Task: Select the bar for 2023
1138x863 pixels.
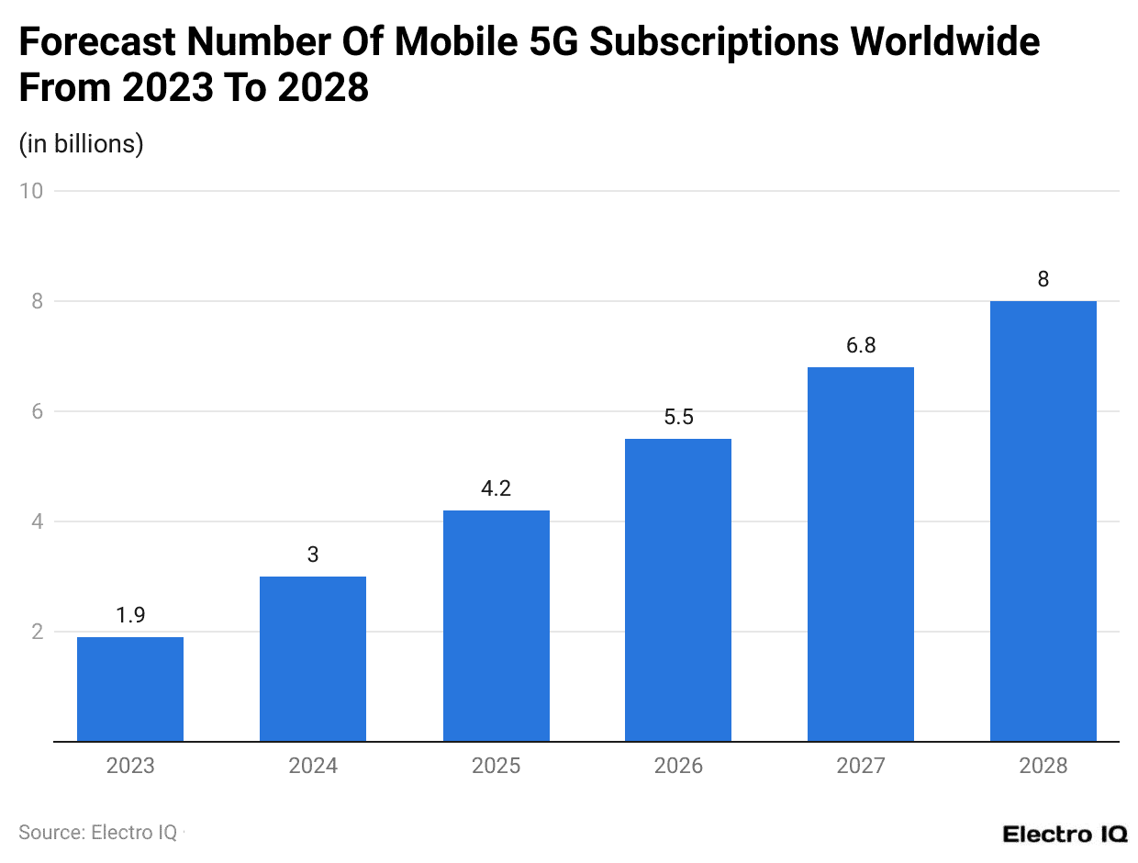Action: coord(130,689)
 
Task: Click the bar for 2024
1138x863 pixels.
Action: coord(313,658)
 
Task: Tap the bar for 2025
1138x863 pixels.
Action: coord(496,625)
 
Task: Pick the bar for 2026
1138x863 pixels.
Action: coord(678,589)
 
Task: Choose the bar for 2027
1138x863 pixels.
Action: coord(861,554)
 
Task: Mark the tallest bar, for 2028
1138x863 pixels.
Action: coord(1043,521)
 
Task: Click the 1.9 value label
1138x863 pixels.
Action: coord(130,615)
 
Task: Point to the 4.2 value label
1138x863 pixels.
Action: coord(496,488)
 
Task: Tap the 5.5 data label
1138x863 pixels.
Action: coord(678,417)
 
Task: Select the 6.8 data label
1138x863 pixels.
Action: coord(861,345)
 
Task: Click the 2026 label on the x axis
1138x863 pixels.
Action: coord(678,766)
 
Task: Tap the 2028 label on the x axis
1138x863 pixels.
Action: coord(1043,766)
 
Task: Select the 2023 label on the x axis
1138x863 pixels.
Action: coord(130,766)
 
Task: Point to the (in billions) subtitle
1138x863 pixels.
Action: coord(81,144)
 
